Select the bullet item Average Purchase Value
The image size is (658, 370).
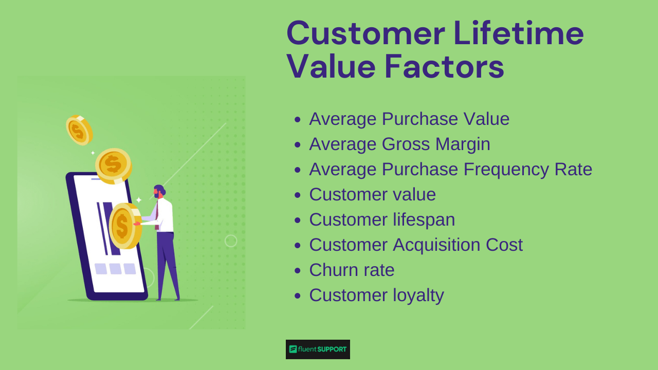pyautogui.click(x=409, y=119)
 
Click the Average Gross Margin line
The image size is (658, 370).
pyautogui.click(x=399, y=144)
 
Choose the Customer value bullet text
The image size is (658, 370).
pyautogui.click(x=372, y=194)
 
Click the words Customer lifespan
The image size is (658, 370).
pyautogui.click(x=382, y=219)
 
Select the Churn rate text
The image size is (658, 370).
pyautogui.click(x=352, y=270)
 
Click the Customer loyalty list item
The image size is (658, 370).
pyautogui.click(x=376, y=295)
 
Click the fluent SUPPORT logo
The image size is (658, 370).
pyautogui.click(x=318, y=349)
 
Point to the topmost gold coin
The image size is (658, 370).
pyautogui.click(x=79, y=130)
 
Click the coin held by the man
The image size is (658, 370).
pyautogui.click(x=124, y=226)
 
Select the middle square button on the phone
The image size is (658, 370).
pyautogui.click(x=115, y=269)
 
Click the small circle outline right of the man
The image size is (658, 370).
pyautogui.click(x=231, y=240)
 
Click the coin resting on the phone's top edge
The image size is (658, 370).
pyautogui.click(x=114, y=165)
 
